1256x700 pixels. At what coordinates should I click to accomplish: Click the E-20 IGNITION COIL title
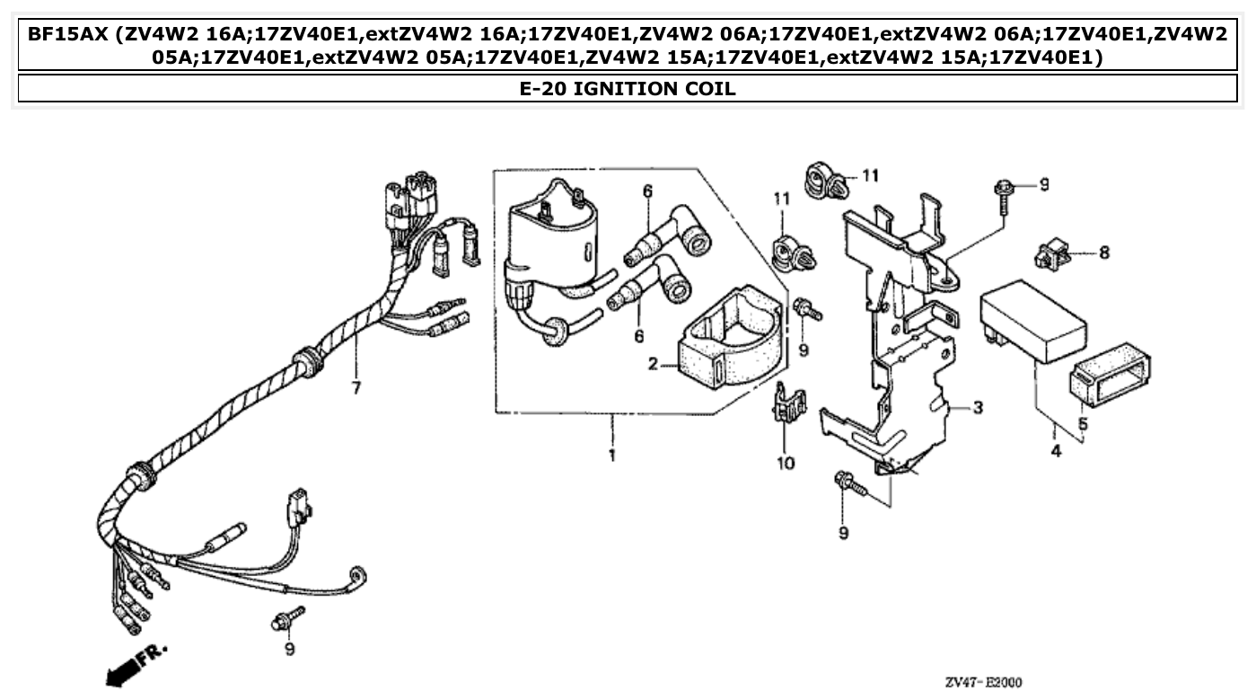click(x=628, y=88)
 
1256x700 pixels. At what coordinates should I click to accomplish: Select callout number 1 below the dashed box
click(x=611, y=456)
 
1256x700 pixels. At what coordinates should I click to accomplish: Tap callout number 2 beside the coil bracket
click(x=654, y=364)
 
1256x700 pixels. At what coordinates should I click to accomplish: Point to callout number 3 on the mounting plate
click(x=978, y=408)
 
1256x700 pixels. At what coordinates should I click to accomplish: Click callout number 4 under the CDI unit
click(x=1056, y=451)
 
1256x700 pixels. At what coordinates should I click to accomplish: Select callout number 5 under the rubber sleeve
click(x=1083, y=422)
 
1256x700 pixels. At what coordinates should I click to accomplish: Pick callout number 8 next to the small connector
click(x=1103, y=253)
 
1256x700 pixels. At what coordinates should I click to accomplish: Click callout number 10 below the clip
click(x=786, y=464)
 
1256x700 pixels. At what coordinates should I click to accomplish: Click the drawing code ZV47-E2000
click(x=983, y=682)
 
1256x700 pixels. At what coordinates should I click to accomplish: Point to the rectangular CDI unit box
click(x=1032, y=321)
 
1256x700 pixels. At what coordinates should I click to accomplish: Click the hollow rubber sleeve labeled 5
click(x=1110, y=376)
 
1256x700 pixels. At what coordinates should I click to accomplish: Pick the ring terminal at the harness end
click(x=360, y=575)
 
